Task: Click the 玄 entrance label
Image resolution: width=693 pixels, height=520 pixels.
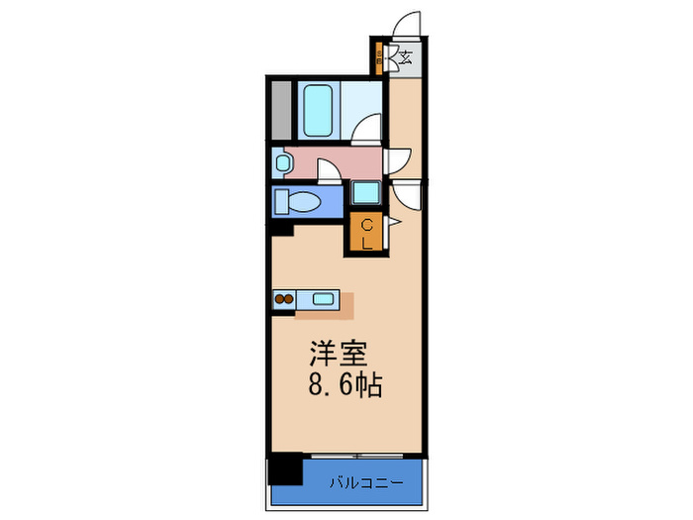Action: click(405, 57)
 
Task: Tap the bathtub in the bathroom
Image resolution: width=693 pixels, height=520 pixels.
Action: click(318, 110)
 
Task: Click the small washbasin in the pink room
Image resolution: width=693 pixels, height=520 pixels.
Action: click(283, 161)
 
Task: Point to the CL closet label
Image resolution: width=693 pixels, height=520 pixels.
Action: click(366, 234)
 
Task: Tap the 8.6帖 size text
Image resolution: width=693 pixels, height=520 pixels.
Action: click(343, 384)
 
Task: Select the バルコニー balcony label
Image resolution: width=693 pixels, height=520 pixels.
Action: click(365, 482)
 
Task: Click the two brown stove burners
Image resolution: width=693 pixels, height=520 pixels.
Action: click(285, 297)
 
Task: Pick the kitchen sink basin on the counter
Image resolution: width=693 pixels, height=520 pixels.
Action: click(323, 297)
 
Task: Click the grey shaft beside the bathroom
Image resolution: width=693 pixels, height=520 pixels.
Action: click(281, 110)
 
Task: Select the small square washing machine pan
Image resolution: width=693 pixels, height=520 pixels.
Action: click(364, 194)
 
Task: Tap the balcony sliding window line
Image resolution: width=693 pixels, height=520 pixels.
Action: click(364, 457)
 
